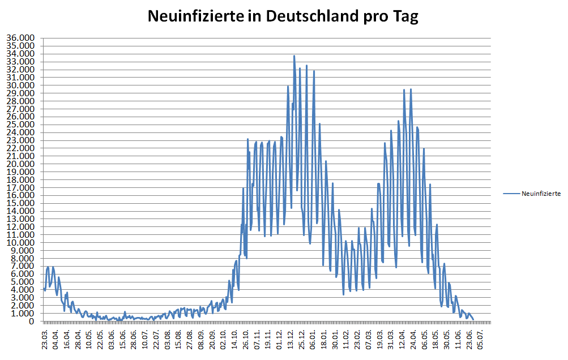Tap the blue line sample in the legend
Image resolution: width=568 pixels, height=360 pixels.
pyautogui.click(x=511, y=194)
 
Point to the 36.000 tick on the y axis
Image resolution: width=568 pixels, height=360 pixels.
pyautogui.click(x=20, y=38)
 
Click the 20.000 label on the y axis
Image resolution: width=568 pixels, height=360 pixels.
pyautogui.click(x=20, y=164)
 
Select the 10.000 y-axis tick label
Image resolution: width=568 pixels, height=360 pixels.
pyautogui.click(x=20, y=242)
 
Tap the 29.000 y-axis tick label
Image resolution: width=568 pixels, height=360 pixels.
pyautogui.click(x=20, y=93)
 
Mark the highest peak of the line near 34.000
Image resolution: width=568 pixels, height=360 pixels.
pyautogui.click(x=294, y=55)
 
